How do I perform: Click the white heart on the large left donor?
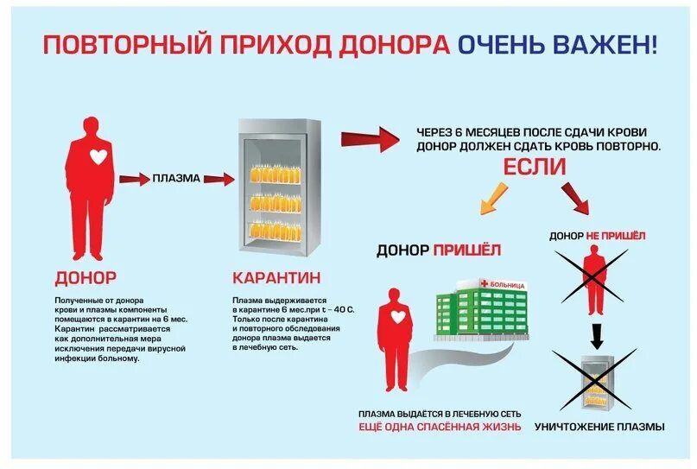point(99,156)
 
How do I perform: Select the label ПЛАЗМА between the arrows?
point(176,179)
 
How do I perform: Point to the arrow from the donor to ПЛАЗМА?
point(134,179)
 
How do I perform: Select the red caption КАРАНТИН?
point(276,278)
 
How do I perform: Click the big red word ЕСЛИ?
point(535,167)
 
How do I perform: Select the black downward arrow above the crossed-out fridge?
point(595,333)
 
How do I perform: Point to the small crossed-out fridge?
point(595,380)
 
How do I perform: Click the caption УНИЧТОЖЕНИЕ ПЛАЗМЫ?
point(599,427)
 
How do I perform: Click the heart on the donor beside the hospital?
point(398,317)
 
